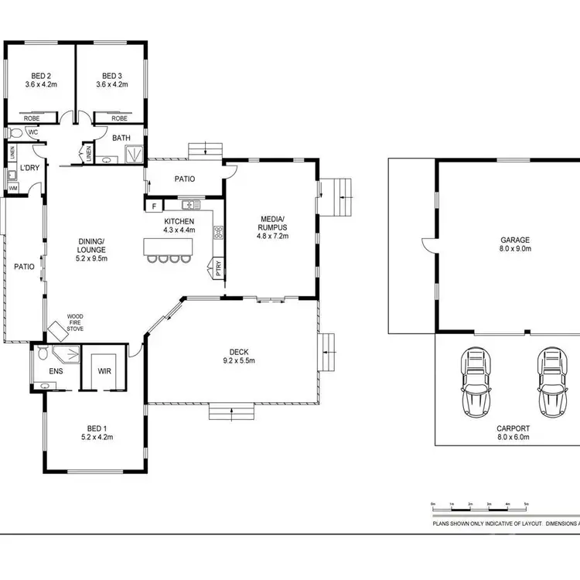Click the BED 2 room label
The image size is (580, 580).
point(40,76)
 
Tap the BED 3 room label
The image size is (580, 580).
point(111,76)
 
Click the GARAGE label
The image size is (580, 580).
point(516,241)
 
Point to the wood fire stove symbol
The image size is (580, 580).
point(60,331)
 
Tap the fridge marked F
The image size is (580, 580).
point(154,206)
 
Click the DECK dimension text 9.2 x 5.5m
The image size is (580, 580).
point(239,360)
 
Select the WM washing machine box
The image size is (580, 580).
point(13,188)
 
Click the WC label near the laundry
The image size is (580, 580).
point(33,132)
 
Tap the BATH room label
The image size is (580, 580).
point(121,138)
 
